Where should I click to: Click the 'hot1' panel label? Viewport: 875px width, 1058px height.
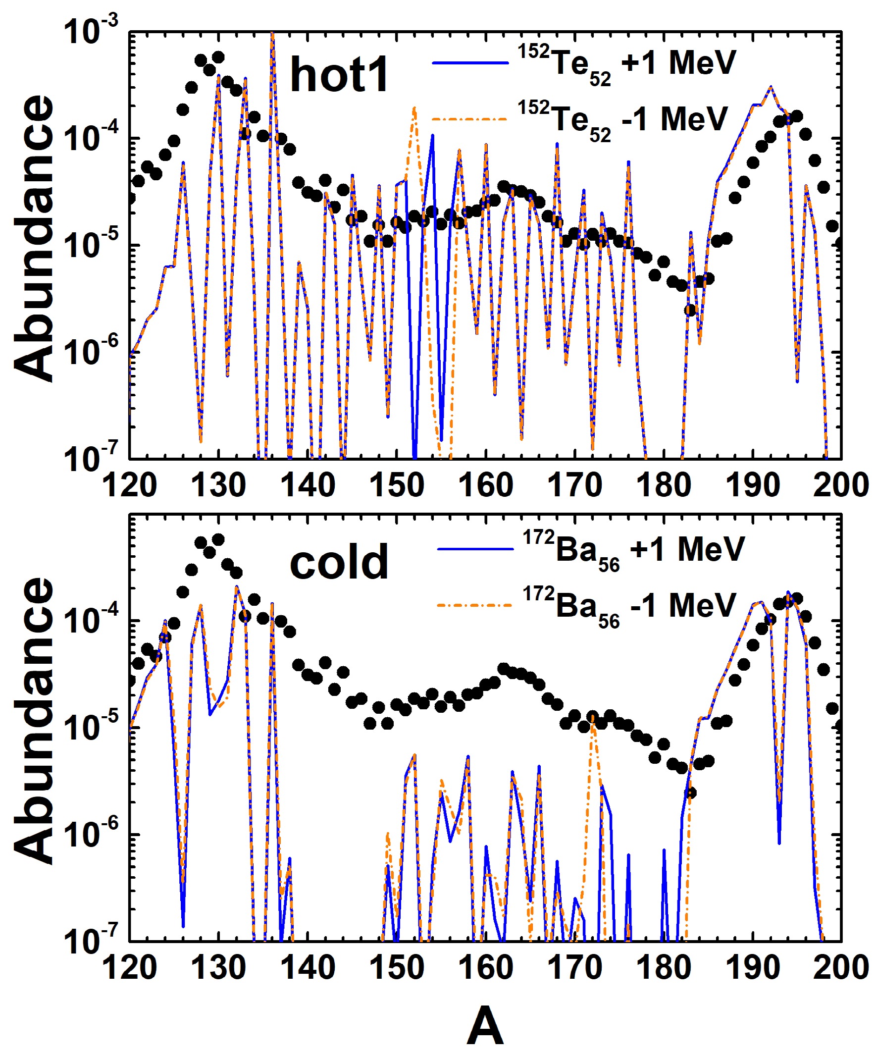click(339, 75)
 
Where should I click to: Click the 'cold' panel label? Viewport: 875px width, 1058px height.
click(339, 561)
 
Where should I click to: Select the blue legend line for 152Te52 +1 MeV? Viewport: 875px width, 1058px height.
click(470, 63)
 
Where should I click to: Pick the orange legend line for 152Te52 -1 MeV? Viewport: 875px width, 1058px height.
click(470, 119)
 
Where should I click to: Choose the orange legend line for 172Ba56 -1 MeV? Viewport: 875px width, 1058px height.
click(474, 605)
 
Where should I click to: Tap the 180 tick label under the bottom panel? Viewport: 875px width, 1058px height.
click(664, 967)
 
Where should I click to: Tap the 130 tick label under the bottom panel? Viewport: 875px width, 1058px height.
click(218, 967)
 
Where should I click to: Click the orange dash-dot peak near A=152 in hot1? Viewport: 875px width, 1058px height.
click(414, 108)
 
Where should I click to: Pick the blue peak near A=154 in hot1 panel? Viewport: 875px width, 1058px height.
click(432, 136)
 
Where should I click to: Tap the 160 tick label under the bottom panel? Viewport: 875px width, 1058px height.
click(485, 967)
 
